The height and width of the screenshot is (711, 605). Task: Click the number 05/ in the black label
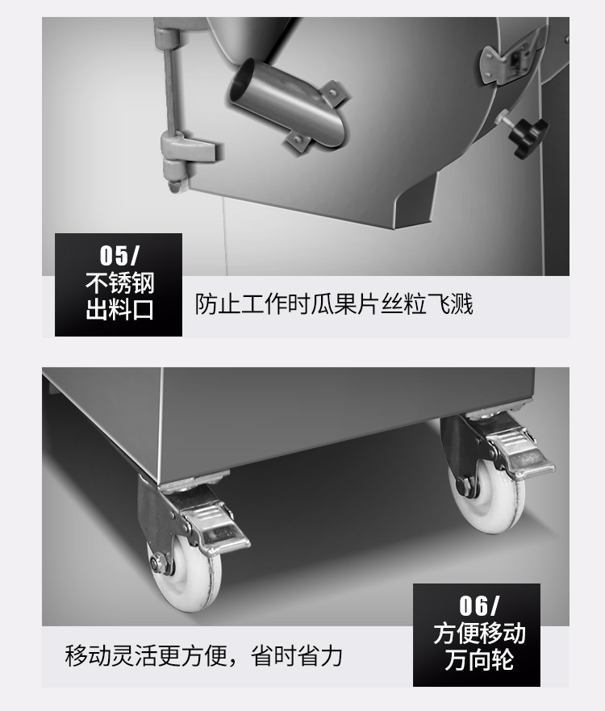[119, 256]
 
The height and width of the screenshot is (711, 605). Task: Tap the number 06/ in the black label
[478, 605]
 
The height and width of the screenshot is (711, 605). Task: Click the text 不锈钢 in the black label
[119, 284]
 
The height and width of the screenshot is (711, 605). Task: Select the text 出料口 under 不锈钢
[119, 310]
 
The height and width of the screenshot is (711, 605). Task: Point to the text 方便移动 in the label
[479, 634]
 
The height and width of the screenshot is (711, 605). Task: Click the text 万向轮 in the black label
[479, 660]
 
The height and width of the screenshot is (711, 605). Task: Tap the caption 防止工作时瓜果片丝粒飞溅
[334, 303]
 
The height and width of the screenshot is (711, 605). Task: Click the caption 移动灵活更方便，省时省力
[203, 655]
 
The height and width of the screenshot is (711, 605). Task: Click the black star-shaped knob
[527, 135]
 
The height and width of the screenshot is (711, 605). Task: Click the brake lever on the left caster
[217, 529]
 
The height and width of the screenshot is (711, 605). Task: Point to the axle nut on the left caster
[159, 563]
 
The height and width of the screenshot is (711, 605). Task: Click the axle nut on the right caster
[465, 487]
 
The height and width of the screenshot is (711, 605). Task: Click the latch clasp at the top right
[512, 57]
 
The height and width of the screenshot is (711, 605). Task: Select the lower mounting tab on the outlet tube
[297, 141]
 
